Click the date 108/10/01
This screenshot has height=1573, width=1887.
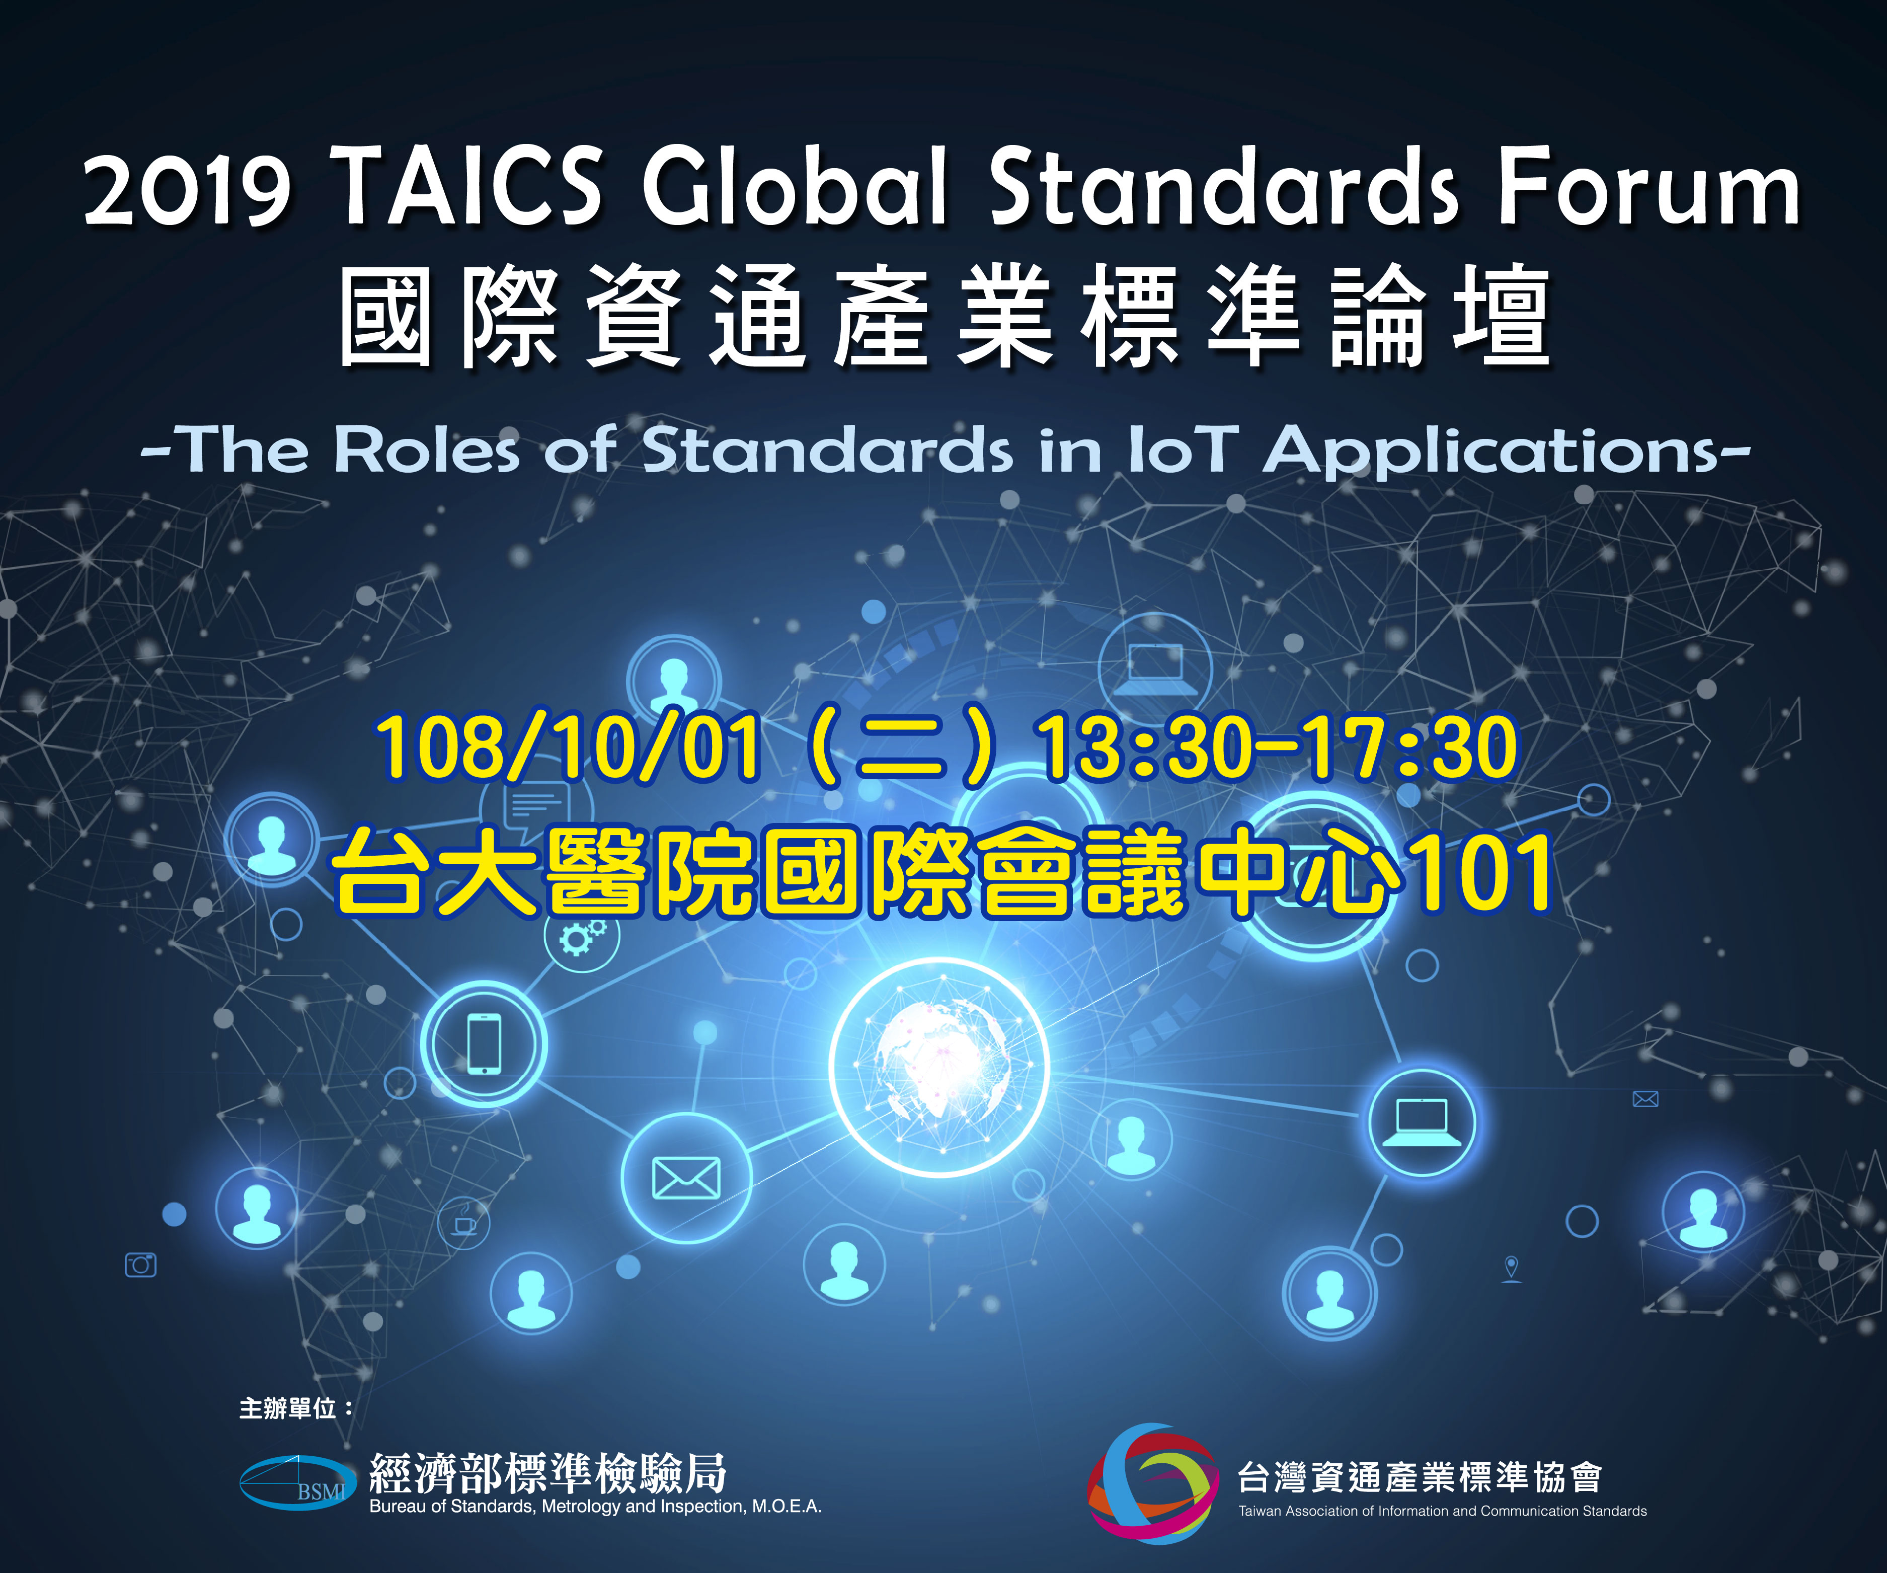[x=568, y=746]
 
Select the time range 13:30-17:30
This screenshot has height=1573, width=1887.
[x=1276, y=746]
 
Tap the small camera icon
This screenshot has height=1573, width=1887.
[x=140, y=1264]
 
